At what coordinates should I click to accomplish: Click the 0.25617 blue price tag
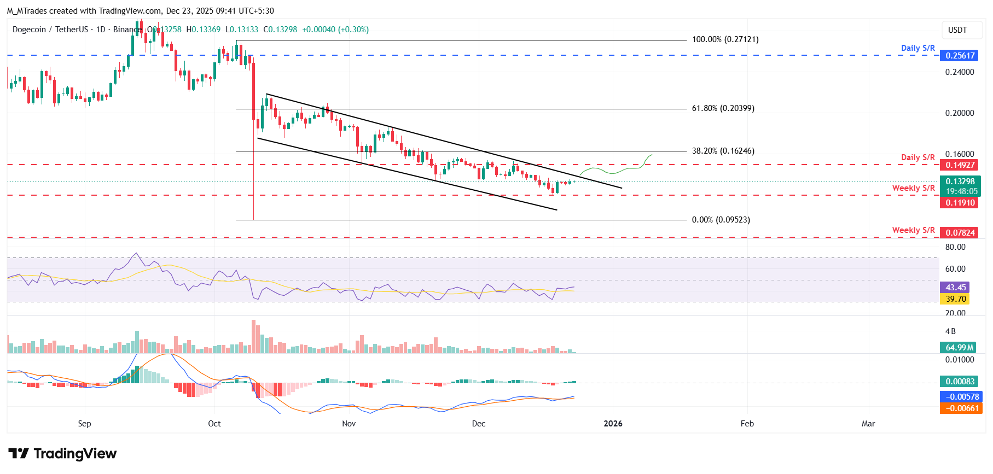point(960,56)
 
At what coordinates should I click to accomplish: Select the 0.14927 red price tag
point(960,165)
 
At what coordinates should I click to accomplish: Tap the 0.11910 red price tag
point(960,203)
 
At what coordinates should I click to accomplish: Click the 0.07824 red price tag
point(960,233)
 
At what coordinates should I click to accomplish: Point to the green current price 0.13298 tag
point(960,182)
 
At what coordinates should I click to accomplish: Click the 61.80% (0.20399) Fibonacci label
point(723,108)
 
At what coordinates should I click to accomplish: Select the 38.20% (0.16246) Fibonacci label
point(723,151)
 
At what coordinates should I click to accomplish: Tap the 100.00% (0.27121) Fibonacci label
point(725,39)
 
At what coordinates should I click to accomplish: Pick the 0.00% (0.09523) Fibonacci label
point(721,220)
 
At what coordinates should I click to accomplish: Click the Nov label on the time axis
point(349,424)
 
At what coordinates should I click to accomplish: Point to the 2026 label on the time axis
point(613,424)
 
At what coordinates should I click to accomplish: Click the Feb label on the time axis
point(747,424)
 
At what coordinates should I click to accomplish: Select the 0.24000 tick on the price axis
point(960,72)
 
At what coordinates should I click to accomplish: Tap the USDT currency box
point(957,30)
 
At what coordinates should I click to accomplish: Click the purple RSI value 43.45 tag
point(955,288)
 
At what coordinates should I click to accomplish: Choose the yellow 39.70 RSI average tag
point(955,299)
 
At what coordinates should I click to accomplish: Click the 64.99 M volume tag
point(960,348)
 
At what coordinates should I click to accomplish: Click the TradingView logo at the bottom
point(62,454)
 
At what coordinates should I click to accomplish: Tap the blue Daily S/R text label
point(917,48)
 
